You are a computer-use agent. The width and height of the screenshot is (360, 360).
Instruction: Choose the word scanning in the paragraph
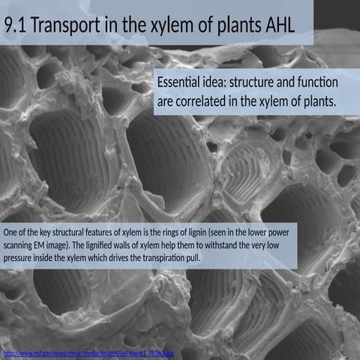pos(21,245)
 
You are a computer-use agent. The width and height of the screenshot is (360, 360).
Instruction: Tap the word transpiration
pos(166,258)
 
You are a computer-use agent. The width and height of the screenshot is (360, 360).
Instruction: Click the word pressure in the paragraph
pos(20,258)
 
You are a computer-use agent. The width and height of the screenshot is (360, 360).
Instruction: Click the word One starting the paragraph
pos(11,232)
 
